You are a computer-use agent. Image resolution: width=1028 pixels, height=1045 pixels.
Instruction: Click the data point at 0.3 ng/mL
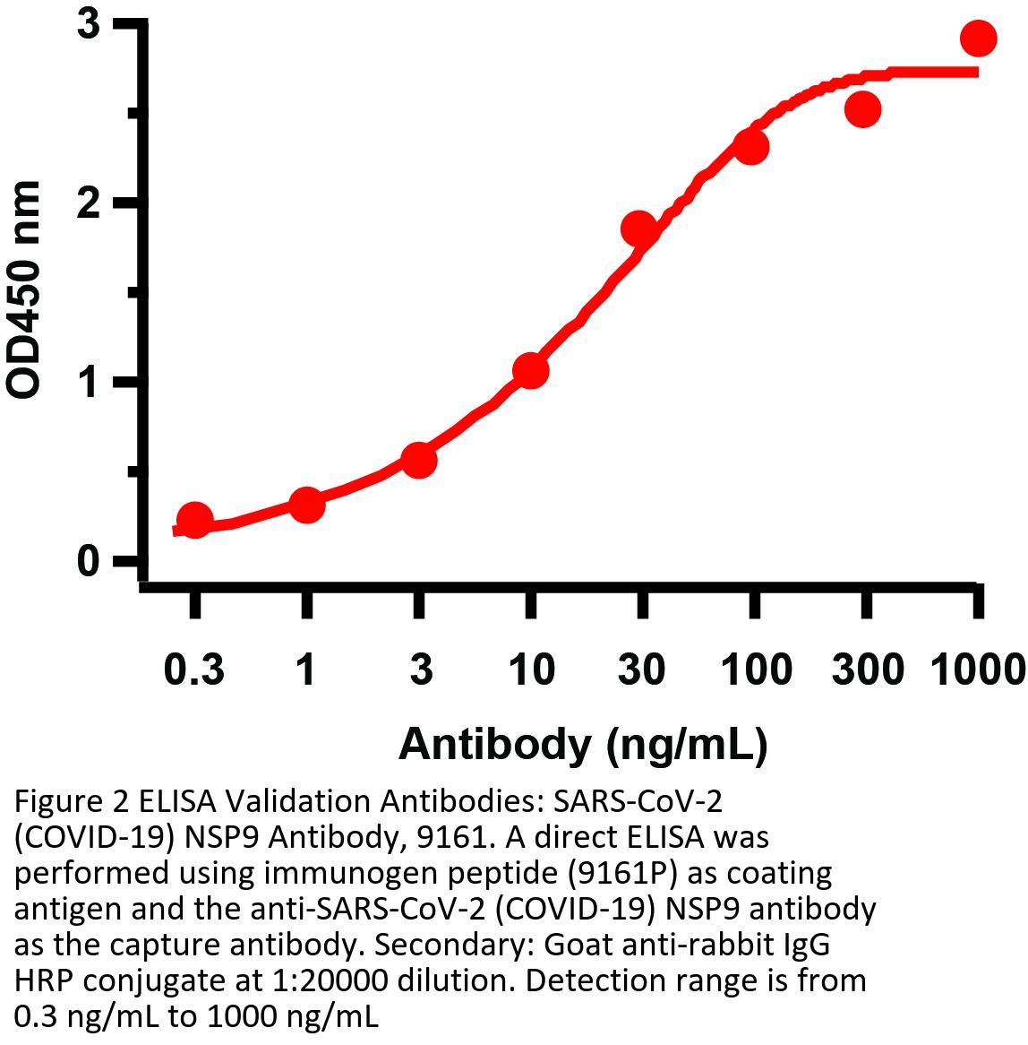[x=194, y=520]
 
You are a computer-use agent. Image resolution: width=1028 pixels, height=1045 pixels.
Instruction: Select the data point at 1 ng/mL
[x=306, y=505]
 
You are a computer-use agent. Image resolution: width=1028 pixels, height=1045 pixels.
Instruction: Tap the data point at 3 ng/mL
[x=419, y=461]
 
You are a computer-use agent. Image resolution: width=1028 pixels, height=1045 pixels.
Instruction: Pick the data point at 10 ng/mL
[x=531, y=370]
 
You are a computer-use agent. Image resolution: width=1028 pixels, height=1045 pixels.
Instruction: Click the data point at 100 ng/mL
[x=752, y=147]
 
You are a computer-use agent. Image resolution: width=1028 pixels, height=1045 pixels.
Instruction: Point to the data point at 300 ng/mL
[x=863, y=109]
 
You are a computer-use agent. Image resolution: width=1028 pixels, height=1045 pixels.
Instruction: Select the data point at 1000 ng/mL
[x=978, y=38]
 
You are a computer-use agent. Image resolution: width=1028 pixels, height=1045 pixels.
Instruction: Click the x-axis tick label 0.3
[x=194, y=669]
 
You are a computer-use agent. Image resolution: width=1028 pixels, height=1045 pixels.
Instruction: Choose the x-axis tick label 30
[x=640, y=669]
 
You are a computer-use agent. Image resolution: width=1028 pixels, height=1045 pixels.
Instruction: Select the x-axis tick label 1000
[x=978, y=669]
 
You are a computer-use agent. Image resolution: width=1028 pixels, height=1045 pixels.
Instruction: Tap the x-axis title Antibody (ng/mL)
[x=583, y=745]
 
